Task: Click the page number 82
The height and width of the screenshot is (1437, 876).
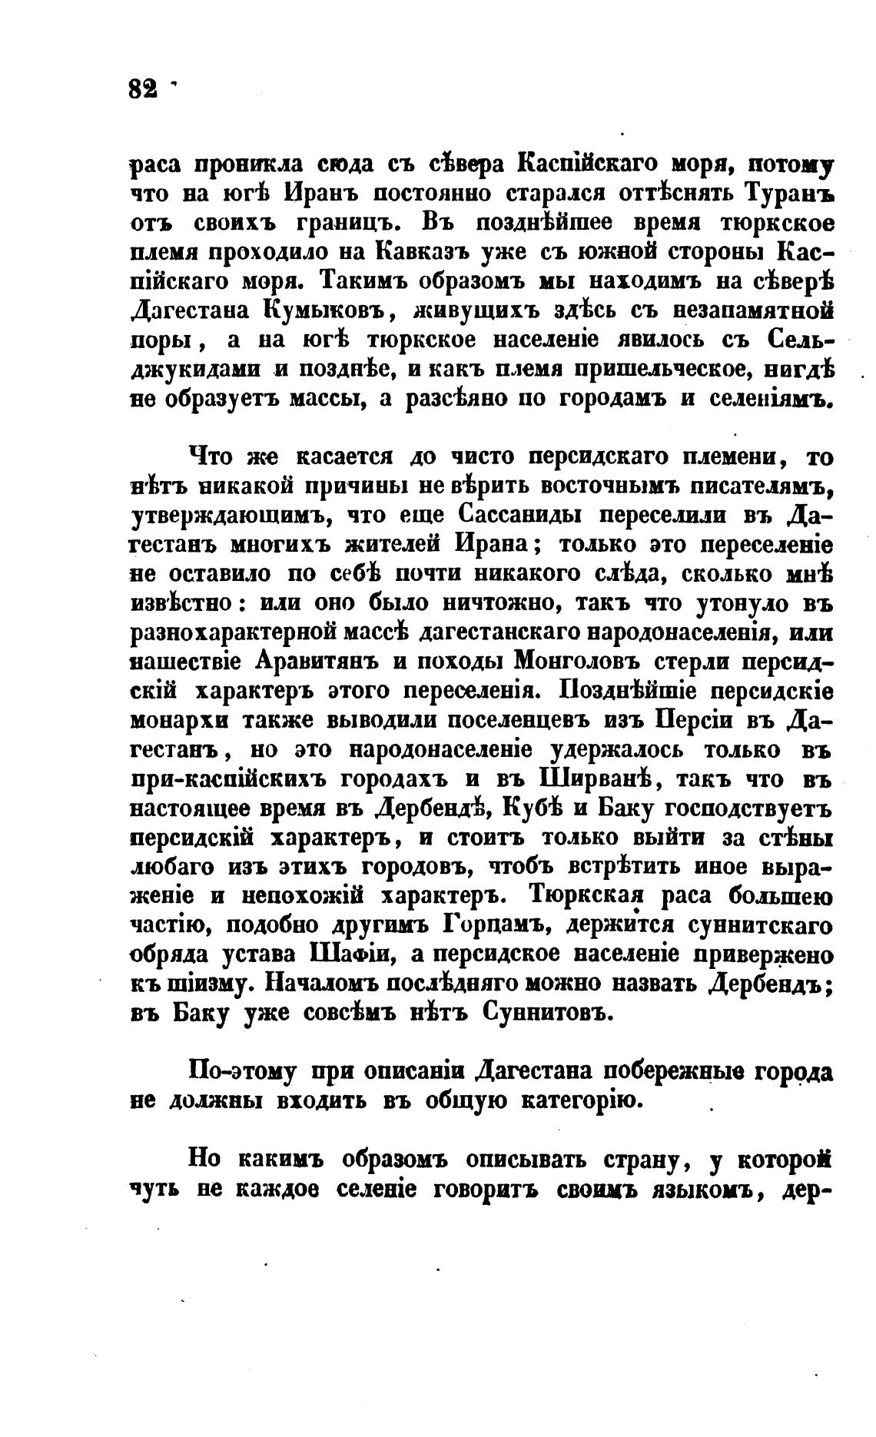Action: (143, 88)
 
